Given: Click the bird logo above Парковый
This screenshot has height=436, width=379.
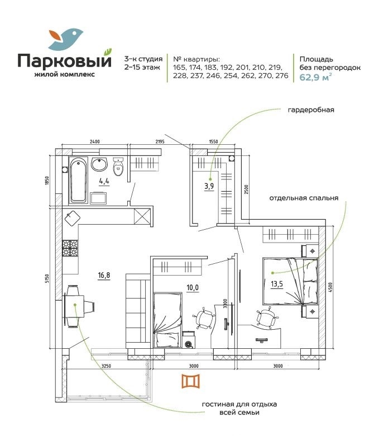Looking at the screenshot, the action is coord(65,38).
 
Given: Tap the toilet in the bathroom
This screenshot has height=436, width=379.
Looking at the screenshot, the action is coord(118,166).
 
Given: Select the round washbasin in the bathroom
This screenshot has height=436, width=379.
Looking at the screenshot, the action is coord(99,164).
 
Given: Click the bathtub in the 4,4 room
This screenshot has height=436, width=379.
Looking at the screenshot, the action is coord(78,180).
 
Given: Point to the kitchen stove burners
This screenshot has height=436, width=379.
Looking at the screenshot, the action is coord(70,248).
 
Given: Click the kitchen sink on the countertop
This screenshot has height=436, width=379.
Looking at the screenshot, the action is coord(72,217).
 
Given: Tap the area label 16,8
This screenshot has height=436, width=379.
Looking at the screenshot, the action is coord(104,276).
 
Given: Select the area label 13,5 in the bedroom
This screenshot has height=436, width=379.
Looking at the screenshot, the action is coord(277,284).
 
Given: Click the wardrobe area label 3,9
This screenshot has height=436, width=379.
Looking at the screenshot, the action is coord(209,186).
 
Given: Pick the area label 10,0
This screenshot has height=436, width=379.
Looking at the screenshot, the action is coord(193,287).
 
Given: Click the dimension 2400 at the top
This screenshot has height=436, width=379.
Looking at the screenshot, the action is coord(95,141).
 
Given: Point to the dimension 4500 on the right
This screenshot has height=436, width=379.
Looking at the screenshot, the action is coord(330,287).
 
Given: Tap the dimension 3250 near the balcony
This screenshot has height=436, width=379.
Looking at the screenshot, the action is coord(106,366).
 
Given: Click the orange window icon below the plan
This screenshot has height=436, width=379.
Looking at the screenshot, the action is coord(191,381).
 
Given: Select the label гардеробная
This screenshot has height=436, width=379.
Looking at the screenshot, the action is coord(311,110).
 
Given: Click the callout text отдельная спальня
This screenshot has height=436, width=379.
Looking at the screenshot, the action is coord(304,198).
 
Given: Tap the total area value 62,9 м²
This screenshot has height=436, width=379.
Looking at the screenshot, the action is coord(315,77).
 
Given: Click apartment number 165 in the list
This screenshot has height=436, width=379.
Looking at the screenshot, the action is coord(178,67).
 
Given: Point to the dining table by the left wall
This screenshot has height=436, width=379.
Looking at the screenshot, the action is coord(74,306).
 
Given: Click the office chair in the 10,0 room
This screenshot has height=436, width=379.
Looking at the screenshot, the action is coord(205,318).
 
